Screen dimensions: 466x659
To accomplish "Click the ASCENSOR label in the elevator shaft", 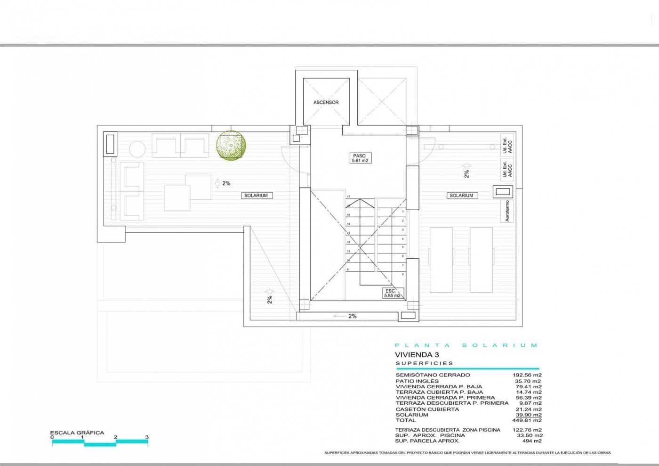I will (x=326, y=102).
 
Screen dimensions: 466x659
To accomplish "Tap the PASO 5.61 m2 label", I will (x=360, y=158).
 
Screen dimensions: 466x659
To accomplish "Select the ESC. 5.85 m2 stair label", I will (x=392, y=294).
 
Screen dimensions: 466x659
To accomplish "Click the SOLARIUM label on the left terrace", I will (x=256, y=196).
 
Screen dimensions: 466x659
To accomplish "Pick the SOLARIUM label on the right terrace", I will (x=461, y=196).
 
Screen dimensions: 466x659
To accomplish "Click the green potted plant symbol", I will (x=230, y=144).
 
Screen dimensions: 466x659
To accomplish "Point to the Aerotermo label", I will (x=507, y=211).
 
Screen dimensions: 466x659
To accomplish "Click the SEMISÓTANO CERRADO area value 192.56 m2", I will (x=527, y=375).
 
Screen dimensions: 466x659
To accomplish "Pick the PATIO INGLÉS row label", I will (x=417, y=381).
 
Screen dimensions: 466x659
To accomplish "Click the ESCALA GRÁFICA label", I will (x=77, y=433).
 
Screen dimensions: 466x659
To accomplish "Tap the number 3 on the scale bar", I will (x=147, y=437).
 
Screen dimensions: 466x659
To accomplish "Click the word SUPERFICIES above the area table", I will (x=425, y=363).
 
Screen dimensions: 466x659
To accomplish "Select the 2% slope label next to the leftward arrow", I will (x=353, y=316).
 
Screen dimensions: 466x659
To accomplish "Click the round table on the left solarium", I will (x=137, y=149).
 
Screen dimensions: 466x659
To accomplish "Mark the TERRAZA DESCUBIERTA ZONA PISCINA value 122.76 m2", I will (x=527, y=430).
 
